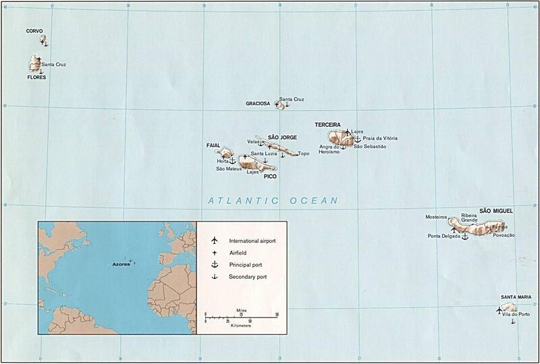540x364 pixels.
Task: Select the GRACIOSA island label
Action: tap(258, 104)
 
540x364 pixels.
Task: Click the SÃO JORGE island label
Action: tap(283, 137)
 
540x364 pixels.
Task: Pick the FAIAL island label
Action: tap(213, 145)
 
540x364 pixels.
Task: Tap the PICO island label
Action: tap(271, 176)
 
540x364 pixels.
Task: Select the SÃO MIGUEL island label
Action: tap(496, 211)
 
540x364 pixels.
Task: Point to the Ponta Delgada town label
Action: tap(443, 236)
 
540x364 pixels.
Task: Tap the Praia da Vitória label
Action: tap(380, 138)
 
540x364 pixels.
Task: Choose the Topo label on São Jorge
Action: tap(304, 153)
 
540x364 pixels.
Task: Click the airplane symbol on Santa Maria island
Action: tap(499, 311)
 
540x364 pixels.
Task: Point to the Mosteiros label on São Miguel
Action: tap(437, 217)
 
